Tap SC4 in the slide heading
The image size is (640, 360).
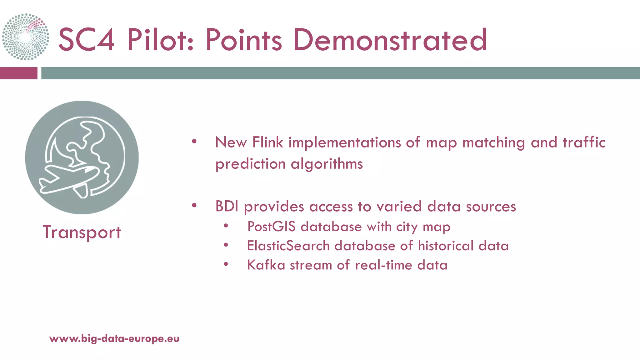[86, 40]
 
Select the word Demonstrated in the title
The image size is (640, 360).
[390, 40]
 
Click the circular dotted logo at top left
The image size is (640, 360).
[26, 37]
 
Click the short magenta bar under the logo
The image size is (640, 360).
[18, 73]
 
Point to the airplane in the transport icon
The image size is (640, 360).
[69, 181]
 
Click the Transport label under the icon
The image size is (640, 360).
[82, 232]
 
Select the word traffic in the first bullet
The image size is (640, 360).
[584, 142]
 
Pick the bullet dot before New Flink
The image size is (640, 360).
[194, 142]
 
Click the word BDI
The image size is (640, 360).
[227, 207]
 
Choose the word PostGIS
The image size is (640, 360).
[271, 227]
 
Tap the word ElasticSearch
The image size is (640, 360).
[288, 246]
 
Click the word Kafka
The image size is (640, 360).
[266, 265]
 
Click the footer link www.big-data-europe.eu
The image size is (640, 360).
[114, 339]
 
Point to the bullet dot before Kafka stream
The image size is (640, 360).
[226, 264]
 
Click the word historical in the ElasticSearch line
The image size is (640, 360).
[446, 246]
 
